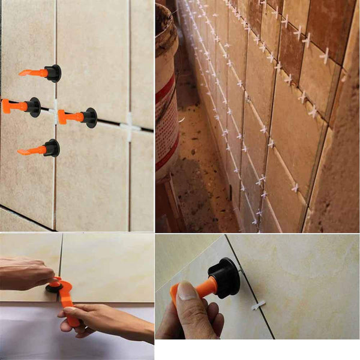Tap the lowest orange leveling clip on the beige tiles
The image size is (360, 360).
coord(40,148)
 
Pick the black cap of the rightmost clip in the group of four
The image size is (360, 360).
coord(90,117)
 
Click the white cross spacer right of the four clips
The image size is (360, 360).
coord(129,127)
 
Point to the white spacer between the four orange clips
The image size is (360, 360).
coord(55,112)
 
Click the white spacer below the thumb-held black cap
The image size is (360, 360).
coord(258,306)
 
